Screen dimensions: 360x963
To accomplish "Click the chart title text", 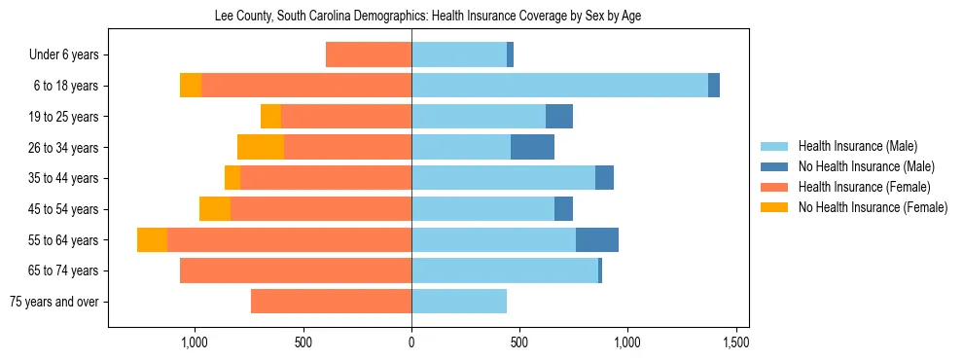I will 427,16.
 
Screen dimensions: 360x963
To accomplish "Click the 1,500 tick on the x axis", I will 735,342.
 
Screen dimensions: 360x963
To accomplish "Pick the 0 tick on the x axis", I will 411,342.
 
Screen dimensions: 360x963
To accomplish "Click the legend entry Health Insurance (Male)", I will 857,146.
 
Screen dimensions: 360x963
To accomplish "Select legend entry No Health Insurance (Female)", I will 873,207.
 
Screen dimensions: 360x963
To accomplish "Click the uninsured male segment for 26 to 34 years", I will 532,147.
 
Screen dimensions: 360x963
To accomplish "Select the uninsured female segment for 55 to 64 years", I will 152,239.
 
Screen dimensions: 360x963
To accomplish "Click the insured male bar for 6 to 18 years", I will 559,86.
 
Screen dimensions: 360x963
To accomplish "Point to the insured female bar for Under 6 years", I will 369,54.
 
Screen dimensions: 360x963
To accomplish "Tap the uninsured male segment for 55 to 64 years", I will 597,239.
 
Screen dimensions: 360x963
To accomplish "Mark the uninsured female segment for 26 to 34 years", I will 261,147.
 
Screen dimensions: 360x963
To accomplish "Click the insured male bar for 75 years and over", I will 459,302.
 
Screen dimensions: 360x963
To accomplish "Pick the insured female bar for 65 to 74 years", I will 296,270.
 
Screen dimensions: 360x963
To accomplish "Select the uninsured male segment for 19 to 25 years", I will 559,117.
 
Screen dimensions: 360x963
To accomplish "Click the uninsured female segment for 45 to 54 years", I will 215,209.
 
